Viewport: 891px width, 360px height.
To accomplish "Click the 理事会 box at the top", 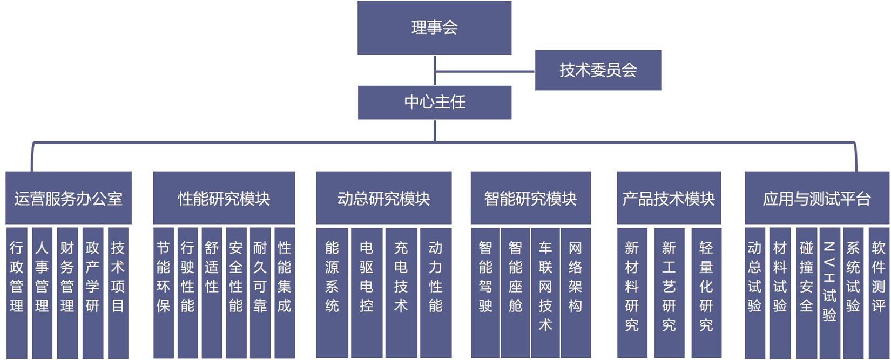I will point(434,28).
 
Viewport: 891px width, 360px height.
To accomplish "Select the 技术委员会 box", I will point(598,70).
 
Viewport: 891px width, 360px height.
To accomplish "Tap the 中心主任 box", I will point(434,102).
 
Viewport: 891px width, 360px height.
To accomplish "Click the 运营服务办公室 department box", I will point(69,198).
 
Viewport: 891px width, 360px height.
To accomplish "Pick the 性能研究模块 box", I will point(224,198).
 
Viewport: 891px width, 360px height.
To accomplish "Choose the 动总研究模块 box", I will point(383,198).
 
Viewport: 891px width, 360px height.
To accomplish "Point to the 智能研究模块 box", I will point(530,198).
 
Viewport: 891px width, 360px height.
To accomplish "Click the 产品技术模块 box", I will point(669,198).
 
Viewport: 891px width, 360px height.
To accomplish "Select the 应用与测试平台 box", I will point(816,198).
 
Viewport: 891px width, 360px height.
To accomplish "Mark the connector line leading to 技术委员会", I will point(485,71).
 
